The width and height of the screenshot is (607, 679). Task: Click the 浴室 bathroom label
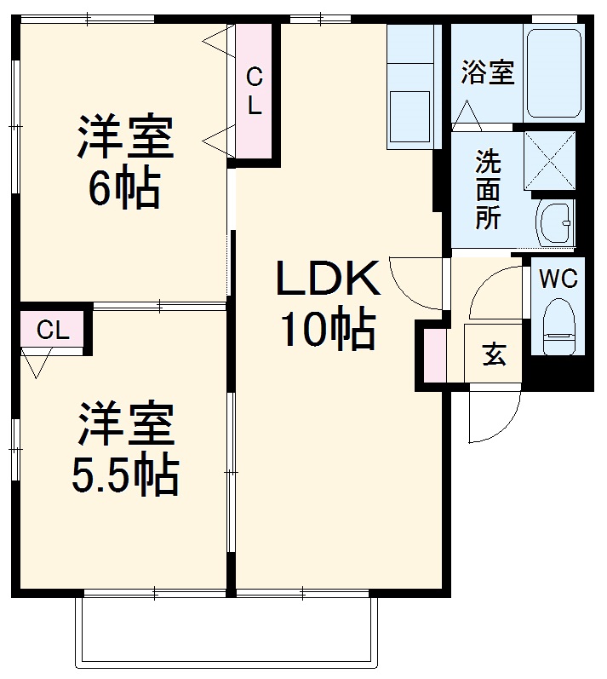[488, 73]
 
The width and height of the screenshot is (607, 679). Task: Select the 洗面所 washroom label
[487, 188]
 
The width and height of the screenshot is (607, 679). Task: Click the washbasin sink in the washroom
[555, 223]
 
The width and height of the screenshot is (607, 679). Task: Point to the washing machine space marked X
[549, 159]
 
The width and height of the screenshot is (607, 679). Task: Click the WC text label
[558, 279]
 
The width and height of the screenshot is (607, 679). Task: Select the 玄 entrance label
[494, 354]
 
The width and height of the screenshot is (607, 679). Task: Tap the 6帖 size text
[124, 191]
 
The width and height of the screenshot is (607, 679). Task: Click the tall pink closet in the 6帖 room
[254, 92]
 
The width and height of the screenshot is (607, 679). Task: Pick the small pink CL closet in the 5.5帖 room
[53, 331]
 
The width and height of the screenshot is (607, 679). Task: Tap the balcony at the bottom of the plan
[226, 630]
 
